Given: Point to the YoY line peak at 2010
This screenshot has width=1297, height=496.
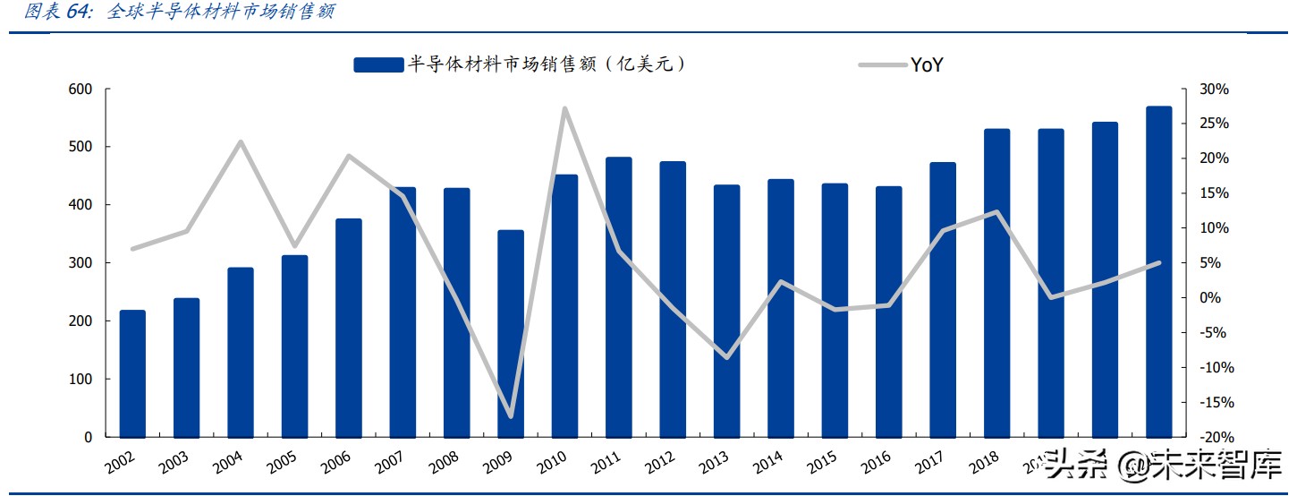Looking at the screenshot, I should point(564,108).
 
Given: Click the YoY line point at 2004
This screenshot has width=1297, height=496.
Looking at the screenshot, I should point(241,141).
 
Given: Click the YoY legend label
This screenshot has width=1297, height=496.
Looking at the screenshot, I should point(928,64).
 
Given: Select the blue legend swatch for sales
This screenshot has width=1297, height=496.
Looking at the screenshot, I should point(378,64).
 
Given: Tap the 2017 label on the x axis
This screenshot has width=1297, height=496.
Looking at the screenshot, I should point(930,463).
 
